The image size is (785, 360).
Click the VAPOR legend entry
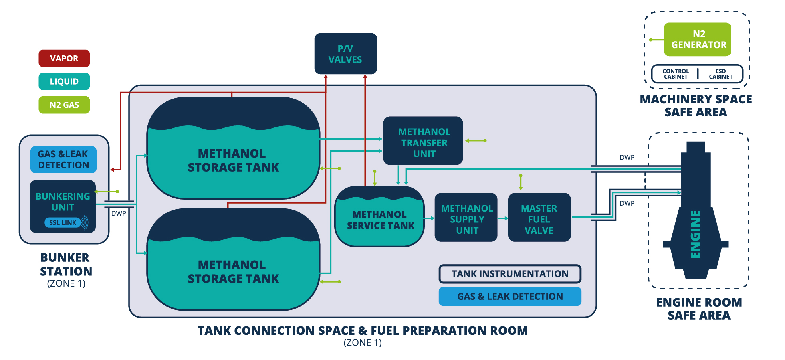[x=64, y=59]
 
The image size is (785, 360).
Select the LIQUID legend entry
[x=64, y=81]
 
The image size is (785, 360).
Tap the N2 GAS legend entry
[x=64, y=105]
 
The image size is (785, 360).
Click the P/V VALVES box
[x=345, y=54]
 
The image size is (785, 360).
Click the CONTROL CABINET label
[x=676, y=74]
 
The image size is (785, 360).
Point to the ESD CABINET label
[x=720, y=74]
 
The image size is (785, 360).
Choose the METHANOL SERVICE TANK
[x=380, y=220]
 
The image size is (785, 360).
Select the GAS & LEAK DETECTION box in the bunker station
[x=63, y=160]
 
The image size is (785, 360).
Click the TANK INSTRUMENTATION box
[x=510, y=274]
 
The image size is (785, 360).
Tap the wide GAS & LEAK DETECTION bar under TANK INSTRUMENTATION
[x=510, y=297]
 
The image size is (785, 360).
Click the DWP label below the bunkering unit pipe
[x=119, y=213]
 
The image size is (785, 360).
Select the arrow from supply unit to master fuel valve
[x=503, y=218]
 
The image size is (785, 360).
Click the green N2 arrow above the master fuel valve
[x=521, y=182]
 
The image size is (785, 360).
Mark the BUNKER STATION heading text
[x=66, y=265]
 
